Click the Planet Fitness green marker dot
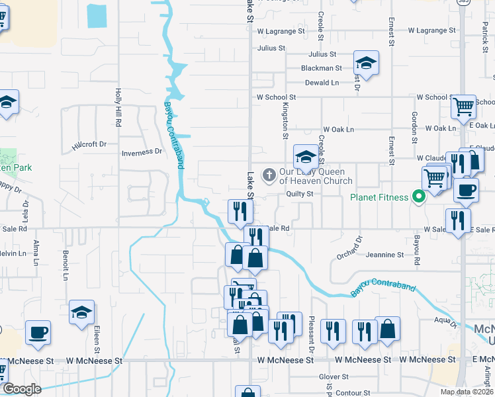(418, 197)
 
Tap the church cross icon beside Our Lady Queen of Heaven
(269, 175)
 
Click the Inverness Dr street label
(142, 152)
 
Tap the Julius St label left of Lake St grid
(271, 48)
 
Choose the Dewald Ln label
(322, 83)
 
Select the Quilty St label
(299, 194)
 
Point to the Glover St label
(329, 376)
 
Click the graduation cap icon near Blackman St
(366, 64)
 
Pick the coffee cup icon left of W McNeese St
(38, 331)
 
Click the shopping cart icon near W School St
(463, 105)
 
